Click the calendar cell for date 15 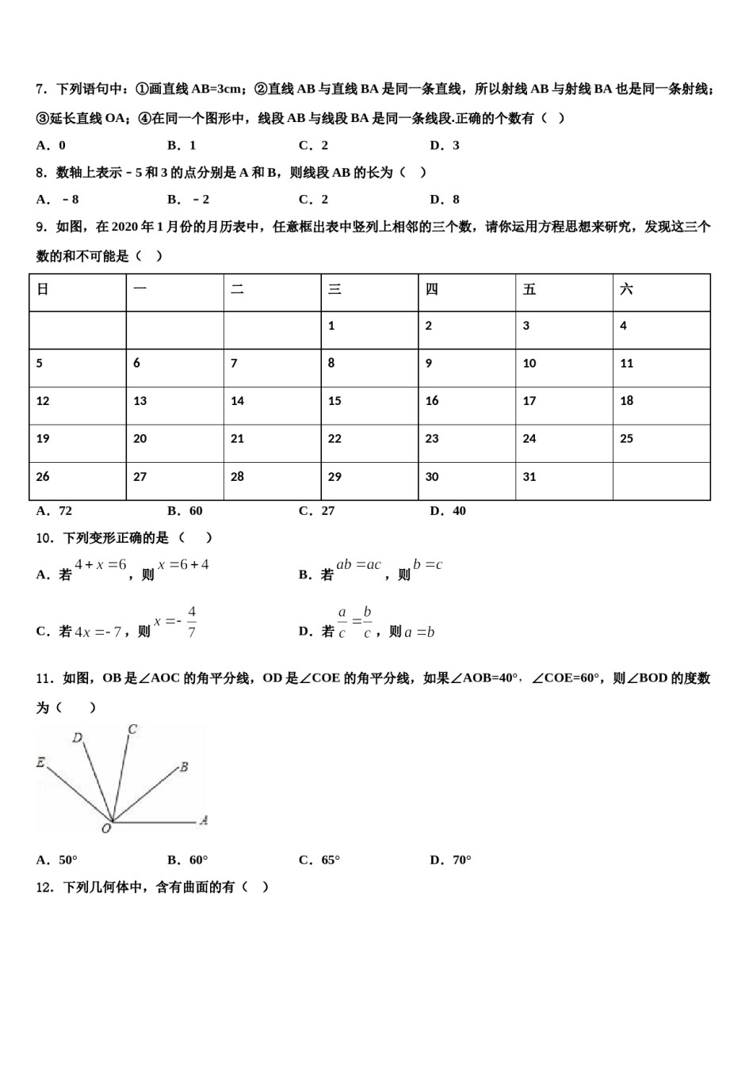369,406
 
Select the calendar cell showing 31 564,481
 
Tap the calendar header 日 77,292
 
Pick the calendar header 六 661,292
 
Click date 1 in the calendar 369,330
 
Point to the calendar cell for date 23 466,443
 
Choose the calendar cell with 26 77,481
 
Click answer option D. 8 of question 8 445,200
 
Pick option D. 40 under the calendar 448,511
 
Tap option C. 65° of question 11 319,860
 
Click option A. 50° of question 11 57,860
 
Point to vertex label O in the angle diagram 105,828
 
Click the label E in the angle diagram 40,762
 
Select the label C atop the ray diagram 132,729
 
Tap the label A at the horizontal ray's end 204,820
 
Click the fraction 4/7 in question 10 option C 192,623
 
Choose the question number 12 44,887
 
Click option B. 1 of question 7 182,145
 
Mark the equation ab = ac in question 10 358,565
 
